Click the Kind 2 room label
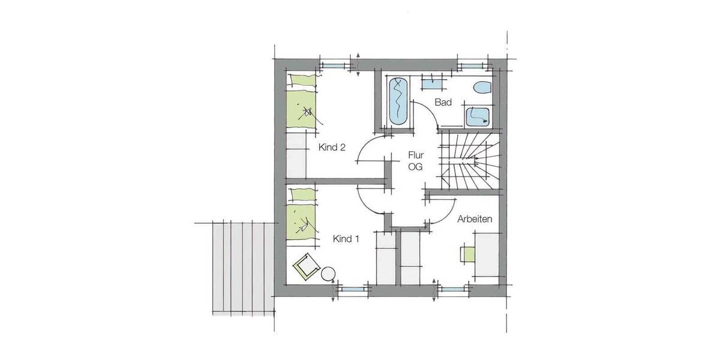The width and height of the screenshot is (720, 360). tap(326, 148)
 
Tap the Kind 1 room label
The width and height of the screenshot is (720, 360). tap(346, 239)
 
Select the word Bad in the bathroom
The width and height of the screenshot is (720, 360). tap(443, 103)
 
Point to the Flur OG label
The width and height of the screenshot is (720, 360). tap(415, 161)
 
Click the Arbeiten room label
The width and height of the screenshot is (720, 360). tap(475, 219)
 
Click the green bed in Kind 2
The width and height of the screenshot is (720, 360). tap(301, 108)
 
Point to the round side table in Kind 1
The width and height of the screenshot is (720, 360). tap(328, 275)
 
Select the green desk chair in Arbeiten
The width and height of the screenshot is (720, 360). tap(468, 253)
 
